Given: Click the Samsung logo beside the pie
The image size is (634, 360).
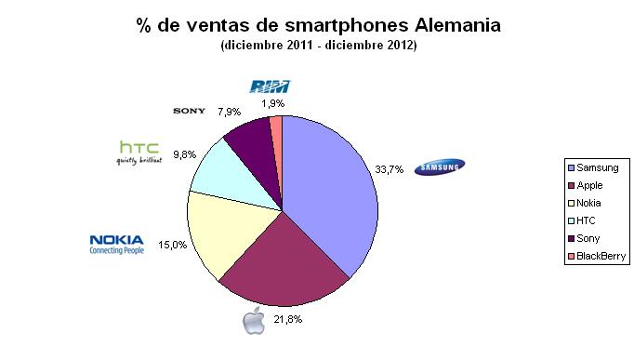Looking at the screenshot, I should pyautogui.click(x=440, y=167).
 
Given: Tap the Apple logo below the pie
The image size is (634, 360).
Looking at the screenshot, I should pyautogui.click(x=253, y=322).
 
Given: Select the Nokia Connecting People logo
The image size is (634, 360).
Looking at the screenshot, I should pyautogui.click(x=116, y=244).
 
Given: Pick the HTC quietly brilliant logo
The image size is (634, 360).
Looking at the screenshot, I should pyautogui.click(x=139, y=151).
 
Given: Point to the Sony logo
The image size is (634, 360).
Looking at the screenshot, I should pyautogui.click(x=190, y=111).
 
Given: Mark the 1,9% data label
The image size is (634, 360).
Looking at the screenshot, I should pyautogui.click(x=271, y=104).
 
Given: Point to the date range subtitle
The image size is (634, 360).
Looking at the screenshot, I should pyautogui.click(x=317, y=46).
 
